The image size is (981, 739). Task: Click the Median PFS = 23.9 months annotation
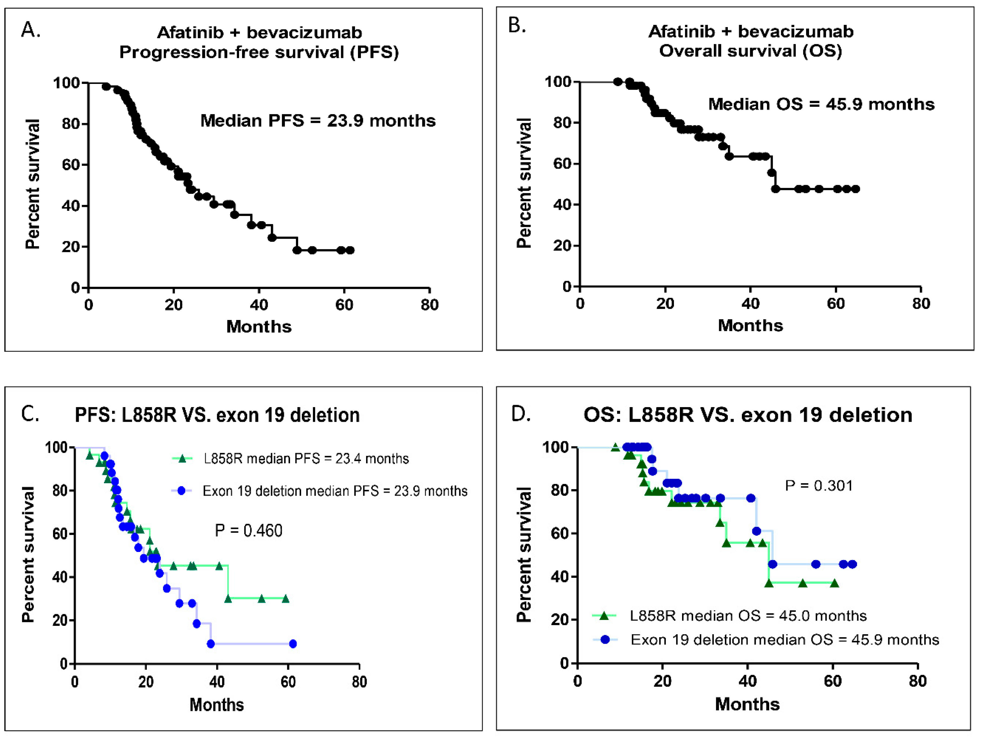click(318, 120)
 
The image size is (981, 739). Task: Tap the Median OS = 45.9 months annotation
click(821, 104)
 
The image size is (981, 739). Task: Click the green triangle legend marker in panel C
click(182, 458)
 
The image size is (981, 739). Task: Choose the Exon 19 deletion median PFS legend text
click(335, 491)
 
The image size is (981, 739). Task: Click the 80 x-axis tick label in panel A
click(429, 305)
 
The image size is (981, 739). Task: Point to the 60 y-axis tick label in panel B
click(562, 164)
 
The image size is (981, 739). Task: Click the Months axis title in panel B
click(750, 325)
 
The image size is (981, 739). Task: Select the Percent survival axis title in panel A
click(32, 184)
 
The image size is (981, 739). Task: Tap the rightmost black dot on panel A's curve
click(350, 250)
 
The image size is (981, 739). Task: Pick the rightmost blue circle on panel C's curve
click(293, 644)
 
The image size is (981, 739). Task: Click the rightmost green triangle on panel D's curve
click(834, 583)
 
